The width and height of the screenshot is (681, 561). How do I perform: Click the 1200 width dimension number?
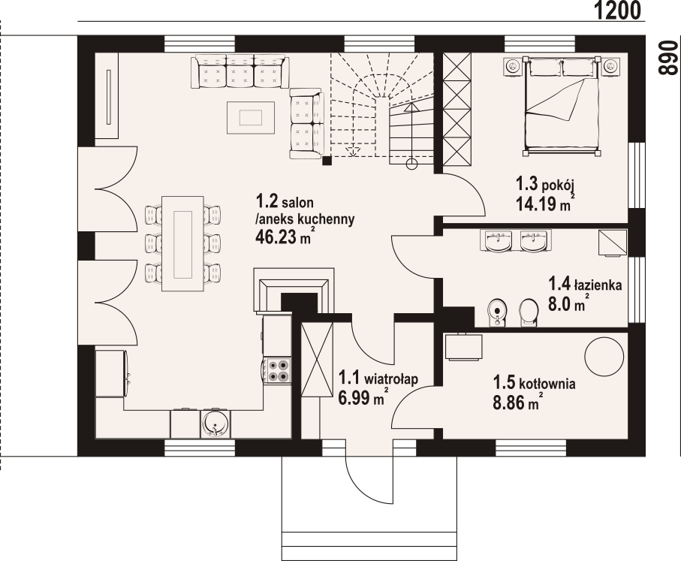pos(616,11)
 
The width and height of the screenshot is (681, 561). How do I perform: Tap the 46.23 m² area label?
pos(285,237)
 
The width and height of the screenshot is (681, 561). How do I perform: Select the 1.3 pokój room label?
pos(545,185)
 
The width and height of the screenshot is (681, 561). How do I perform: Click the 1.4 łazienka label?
pos(585,285)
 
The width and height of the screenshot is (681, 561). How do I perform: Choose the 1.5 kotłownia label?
pos(534,384)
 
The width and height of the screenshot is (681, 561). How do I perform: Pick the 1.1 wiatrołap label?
pos(378,379)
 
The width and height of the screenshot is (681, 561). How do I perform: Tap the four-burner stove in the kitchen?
pos(278,371)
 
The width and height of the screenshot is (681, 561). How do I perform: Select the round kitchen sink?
pos(215,424)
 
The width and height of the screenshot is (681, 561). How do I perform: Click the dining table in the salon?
pos(183,243)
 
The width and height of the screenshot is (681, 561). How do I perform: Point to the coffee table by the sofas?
pos(251,117)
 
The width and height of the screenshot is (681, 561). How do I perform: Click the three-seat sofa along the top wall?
pos(240,71)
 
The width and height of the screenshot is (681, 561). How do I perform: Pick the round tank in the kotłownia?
pos(604,356)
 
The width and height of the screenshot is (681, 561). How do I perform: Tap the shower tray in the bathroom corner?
pos(613,243)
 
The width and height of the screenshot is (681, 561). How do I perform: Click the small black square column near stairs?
pos(327,161)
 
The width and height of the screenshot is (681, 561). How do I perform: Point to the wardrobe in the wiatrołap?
pos(317,360)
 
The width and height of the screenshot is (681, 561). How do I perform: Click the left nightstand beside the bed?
pos(514,66)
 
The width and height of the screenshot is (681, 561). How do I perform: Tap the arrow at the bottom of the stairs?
pos(353,151)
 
